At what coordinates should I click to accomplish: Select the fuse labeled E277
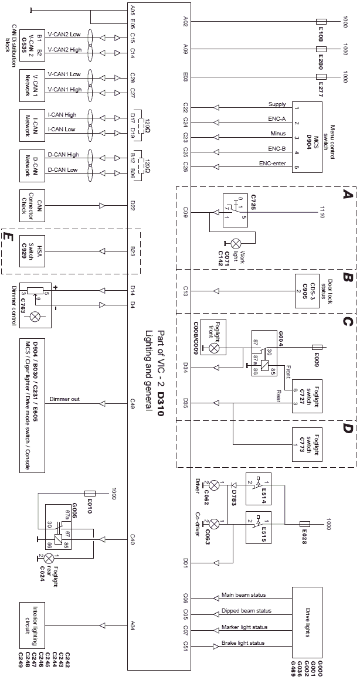pos(321,77)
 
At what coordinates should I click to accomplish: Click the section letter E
pos(7,236)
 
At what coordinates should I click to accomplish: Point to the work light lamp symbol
pos(238,242)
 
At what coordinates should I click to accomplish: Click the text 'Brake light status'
pos(243,642)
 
